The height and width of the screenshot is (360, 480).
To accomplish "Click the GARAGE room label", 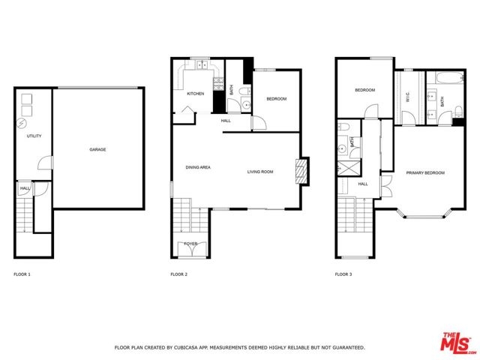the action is tap(97, 149).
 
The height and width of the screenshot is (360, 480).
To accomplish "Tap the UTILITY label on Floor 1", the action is tap(34, 136).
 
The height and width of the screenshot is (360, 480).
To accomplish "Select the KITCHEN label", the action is tap(195, 94).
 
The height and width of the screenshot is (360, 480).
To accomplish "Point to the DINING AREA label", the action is tap(198, 167).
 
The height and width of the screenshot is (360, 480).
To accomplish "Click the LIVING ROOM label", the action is tap(260, 172).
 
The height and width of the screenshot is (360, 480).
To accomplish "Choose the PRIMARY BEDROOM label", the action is tap(425, 173).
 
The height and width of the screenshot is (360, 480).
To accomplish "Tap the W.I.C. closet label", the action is tap(408, 97).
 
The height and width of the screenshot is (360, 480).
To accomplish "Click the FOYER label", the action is tap(190, 244).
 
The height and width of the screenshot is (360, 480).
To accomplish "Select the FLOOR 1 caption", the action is tap(22, 274).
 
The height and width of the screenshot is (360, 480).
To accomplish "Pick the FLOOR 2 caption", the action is tap(178, 274).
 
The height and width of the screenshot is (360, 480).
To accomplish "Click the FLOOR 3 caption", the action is tap(343, 274).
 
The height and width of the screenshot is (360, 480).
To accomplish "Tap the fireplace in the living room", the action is tap(301, 172).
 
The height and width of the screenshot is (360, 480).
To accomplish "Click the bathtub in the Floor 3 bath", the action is tap(450, 77).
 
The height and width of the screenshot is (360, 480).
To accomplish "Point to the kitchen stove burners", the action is tap(218, 84).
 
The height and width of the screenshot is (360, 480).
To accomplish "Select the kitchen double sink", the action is tap(202, 65).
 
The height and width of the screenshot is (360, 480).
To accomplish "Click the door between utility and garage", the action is tap(46, 163).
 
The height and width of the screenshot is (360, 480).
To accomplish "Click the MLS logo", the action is tap(458, 342).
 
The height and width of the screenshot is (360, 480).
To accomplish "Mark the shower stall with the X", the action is tap(349, 168).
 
